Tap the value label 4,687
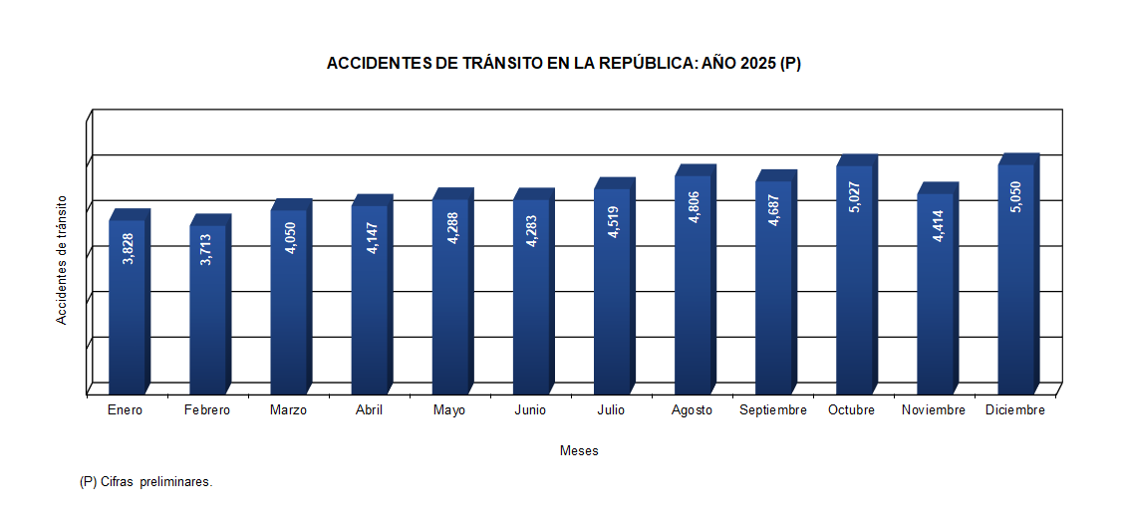(773, 210)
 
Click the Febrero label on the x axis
(207, 410)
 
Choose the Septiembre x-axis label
(773, 410)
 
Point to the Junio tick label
(530, 410)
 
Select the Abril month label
(369, 410)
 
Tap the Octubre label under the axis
(851, 410)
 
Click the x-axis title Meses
(579, 451)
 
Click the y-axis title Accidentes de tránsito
(62, 259)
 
